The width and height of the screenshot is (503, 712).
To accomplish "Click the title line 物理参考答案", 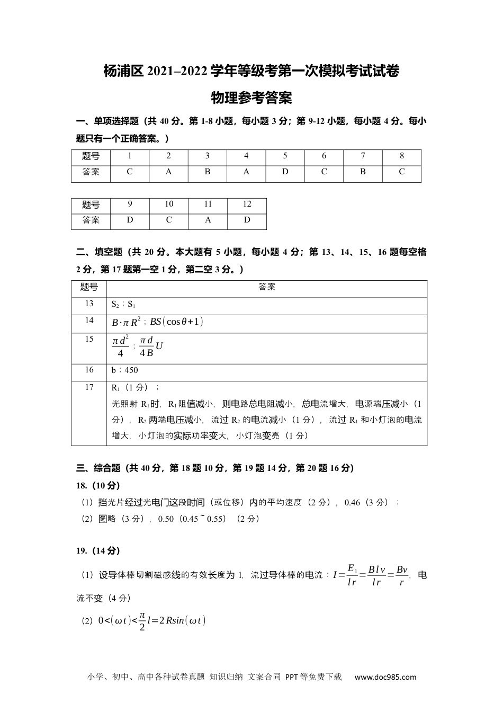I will [x=251, y=98].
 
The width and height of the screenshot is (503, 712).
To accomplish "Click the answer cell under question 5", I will [x=285, y=172].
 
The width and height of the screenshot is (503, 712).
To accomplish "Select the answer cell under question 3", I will [x=208, y=172].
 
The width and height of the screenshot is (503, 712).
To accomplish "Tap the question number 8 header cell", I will [x=401, y=156].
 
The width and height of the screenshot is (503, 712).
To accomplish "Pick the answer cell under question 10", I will [x=169, y=220].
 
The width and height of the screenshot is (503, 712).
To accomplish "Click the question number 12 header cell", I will [x=247, y=204].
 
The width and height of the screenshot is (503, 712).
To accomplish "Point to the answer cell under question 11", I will [x=208, y=220].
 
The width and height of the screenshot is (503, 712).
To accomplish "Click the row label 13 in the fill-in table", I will [x=89, y=304].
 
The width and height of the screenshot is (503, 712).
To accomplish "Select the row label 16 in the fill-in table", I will [x=89, y=370].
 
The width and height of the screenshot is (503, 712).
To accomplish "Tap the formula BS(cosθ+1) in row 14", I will [x=177, y=322].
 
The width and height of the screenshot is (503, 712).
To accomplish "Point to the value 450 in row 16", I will [x=131, y=370].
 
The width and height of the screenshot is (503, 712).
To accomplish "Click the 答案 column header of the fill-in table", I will [x=267, y=287].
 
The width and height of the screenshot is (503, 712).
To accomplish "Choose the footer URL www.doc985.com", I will [x=385, y=677].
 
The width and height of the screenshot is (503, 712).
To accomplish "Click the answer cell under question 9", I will [x=130, y=220].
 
